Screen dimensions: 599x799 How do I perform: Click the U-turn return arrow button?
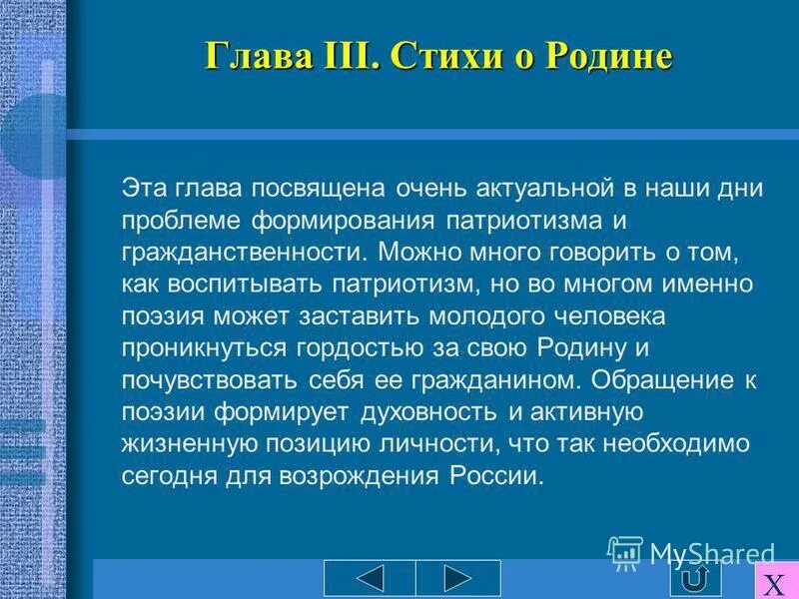pos(698,579)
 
